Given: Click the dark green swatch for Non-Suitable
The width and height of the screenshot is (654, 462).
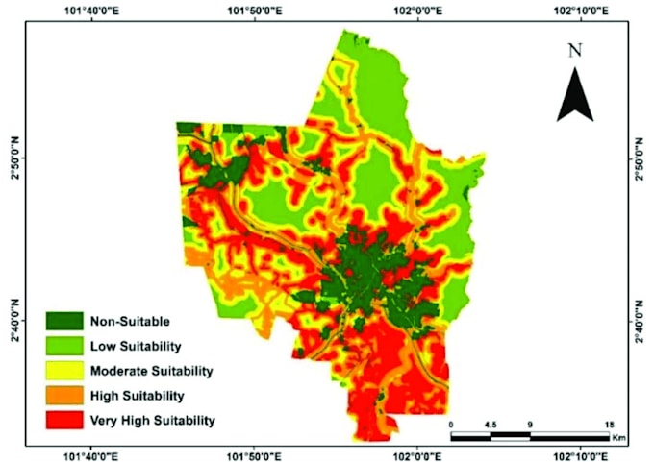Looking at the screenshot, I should click(64, 320).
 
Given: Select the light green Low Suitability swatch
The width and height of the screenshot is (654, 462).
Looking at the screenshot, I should click(64, 345).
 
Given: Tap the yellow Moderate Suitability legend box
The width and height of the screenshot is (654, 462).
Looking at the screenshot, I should click(64, 370).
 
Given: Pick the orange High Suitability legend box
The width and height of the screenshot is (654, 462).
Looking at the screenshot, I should click(64, 395).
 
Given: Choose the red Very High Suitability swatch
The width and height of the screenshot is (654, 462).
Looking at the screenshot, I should click(64, 420).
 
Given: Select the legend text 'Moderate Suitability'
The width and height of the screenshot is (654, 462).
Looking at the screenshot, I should click(151, 370).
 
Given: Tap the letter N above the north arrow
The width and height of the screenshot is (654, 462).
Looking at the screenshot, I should click(575, 51).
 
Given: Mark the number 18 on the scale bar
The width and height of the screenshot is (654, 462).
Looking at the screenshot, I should click(610, 424).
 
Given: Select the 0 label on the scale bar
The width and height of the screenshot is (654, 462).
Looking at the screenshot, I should click(451, 424).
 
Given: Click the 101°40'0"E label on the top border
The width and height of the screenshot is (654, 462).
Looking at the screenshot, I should click(91, 11).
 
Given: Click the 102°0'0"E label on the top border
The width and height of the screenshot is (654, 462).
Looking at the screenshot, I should click(416, 11).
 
